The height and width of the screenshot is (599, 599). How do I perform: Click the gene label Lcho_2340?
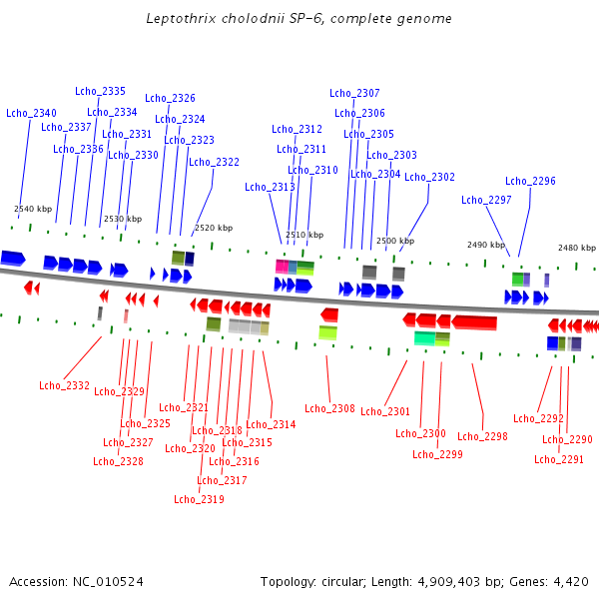31,113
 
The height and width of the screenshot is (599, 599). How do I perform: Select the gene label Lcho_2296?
530,181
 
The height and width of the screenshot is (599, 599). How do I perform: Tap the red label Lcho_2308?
329,408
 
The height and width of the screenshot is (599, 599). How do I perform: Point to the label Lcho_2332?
64,385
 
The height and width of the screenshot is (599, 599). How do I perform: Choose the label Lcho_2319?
199,499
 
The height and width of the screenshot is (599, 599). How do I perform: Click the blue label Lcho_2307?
354,93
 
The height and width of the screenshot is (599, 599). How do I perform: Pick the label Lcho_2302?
429,177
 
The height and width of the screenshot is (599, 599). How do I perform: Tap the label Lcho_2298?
482,436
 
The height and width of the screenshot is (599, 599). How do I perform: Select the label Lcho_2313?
270,187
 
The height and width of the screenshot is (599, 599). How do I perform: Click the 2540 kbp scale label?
33,209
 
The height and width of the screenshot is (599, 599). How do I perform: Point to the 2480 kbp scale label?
577,247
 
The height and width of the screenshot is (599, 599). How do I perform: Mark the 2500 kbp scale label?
394,241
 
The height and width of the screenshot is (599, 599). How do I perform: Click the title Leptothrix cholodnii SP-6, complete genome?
299,19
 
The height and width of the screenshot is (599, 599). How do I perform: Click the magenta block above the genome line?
282,267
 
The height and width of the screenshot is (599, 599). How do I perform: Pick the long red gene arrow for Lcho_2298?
474,321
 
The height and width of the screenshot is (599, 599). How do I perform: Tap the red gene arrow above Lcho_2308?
328,314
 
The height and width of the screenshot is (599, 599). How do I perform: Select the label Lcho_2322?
214,162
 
